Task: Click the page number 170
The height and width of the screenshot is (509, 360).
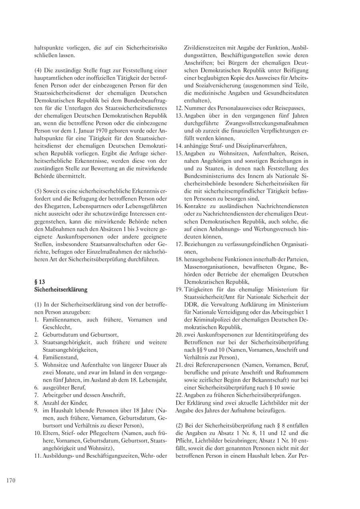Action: tap(11, 481)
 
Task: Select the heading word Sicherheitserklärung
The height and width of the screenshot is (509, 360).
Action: tap(61, 289)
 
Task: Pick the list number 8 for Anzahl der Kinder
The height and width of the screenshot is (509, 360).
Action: tap(36, 403)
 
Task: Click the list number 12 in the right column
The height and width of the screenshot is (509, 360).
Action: tap(179, 108)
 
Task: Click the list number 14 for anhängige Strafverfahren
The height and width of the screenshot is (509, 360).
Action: tap(179, 146)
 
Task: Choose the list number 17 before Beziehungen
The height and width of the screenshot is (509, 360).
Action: tap(179, 244)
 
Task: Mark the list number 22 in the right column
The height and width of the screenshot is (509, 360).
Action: tap(179, 395)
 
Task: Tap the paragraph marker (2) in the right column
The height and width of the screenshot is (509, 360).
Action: tap(179, 425)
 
